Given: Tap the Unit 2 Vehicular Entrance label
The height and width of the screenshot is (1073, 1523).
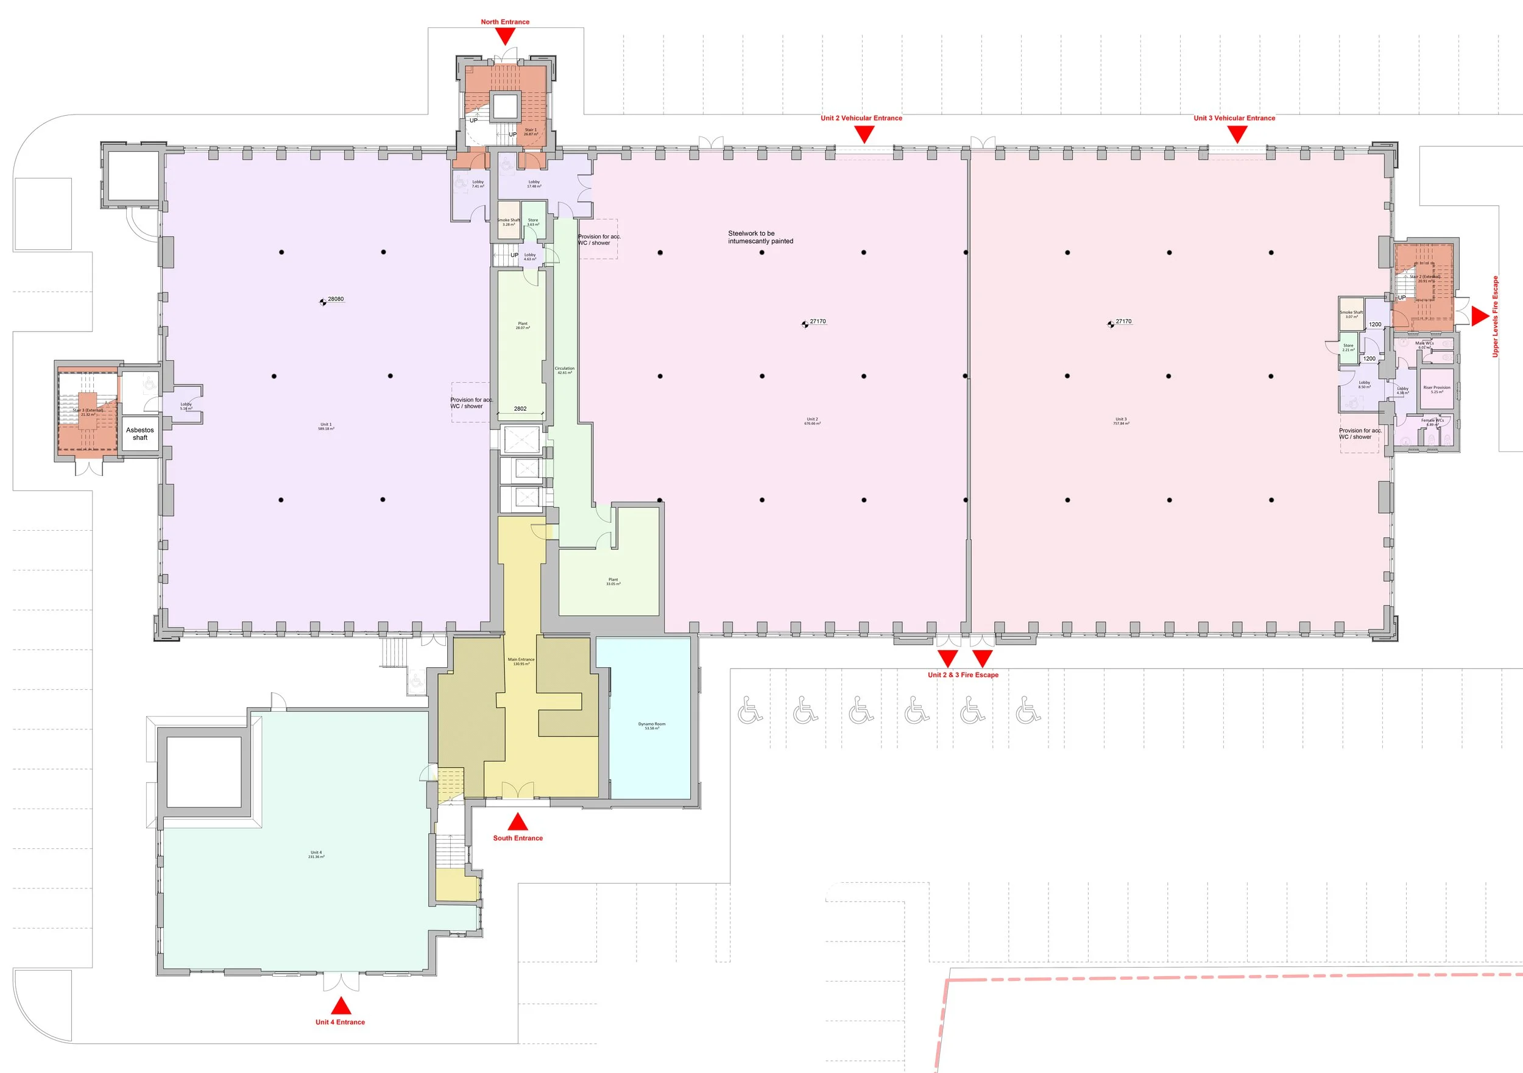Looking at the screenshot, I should pos(861,118).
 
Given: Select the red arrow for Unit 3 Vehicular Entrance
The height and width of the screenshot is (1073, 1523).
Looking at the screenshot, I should pos(1237,135).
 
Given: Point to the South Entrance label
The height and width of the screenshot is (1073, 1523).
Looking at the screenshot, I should pos(517,838).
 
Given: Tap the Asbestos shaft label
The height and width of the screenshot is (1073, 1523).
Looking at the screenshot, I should pos(140,434).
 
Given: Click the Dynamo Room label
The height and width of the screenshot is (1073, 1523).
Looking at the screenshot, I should pos(651,726).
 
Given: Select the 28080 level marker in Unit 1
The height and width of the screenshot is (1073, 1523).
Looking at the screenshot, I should pos(324,301).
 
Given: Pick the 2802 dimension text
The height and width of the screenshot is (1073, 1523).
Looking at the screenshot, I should pos(520,409).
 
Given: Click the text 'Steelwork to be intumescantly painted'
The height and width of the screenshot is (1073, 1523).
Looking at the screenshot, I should pos(760,238).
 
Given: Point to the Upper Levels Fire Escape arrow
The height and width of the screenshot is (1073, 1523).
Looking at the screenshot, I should pos(1479,316).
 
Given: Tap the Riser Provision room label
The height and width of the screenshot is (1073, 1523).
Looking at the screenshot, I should pos(1436,389).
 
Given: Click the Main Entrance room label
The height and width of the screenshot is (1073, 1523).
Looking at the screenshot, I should pos(521,662).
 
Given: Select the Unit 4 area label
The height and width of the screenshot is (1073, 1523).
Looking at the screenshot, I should pos(316,855).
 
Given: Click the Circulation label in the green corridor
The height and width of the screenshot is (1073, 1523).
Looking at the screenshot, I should pos(565,370).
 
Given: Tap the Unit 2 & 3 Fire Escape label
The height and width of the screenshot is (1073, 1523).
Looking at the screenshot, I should pos(963,675).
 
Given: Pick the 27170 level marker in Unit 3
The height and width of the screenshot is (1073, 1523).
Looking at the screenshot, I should pos(1112,324).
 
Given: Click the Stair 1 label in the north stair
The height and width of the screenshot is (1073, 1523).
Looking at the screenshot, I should pos(530,132).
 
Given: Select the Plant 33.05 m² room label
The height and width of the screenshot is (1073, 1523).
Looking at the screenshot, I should pos(613,581).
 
